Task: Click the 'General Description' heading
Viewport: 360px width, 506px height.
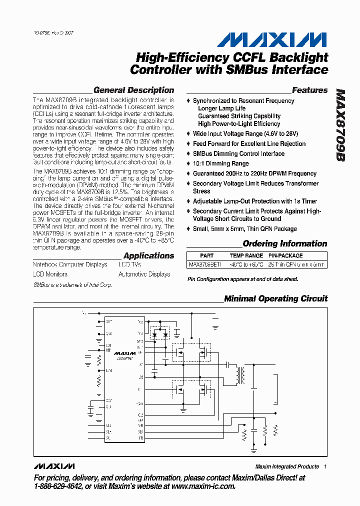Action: (x=133, y=90)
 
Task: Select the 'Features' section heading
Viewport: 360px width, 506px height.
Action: (x=309, y=90)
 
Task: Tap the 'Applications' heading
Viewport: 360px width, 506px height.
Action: (x=148, y=255)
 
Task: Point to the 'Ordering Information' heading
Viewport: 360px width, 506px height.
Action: (x=284, y=244)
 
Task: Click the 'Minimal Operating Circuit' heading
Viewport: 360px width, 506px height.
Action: (x=275, y=298)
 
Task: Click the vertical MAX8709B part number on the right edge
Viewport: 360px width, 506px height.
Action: (x=340, y=125)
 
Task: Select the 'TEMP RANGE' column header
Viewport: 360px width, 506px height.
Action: (x=246, y=255)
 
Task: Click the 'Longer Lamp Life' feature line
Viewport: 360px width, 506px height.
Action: (x=221, y=108)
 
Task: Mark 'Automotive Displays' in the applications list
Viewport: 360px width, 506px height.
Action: (x=144, y=274)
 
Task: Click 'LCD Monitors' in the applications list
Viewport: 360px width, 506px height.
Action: (x=50, y=274)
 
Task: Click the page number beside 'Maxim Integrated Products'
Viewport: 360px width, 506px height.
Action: (x=325, y=466)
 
